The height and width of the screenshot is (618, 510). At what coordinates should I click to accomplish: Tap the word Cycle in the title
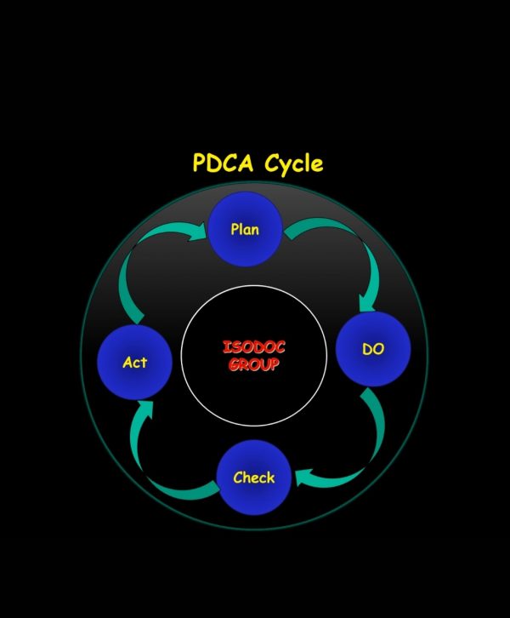point(293,164)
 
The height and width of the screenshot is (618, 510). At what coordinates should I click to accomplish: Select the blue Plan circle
point(245,228)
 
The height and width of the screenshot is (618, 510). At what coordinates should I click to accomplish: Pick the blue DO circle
point(372,350)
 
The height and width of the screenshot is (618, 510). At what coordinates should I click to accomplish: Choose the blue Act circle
point(134,362)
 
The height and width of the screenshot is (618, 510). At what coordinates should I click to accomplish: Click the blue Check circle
point(253,477)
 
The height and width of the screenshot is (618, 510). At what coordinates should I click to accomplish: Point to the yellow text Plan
point(245,229)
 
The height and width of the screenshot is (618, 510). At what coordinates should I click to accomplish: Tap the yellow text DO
point(373,349)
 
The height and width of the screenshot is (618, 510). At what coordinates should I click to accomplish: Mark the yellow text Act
point(134,362)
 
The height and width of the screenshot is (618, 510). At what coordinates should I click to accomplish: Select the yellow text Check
point(253,478)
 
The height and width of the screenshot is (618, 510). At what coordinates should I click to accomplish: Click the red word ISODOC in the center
point(254,348)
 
